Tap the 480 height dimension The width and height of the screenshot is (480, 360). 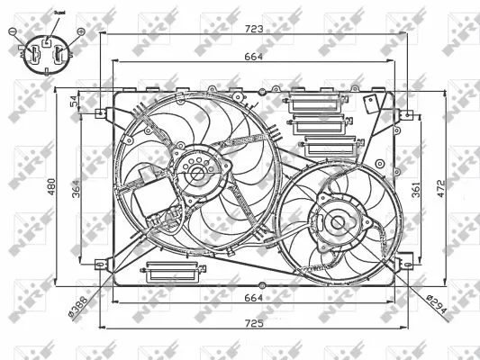51,187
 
